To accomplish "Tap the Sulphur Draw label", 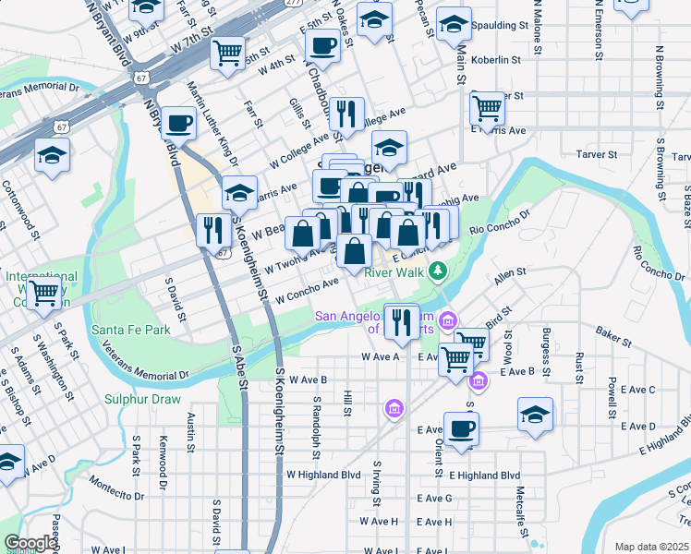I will tap(141, 399).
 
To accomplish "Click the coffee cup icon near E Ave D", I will tap(461, 428).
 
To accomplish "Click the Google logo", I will tap(30, 543).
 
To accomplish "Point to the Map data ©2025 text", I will tap(650, 547).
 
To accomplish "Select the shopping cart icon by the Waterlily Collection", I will tap(43, 295).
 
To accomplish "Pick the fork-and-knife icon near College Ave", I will tap(346, 114).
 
